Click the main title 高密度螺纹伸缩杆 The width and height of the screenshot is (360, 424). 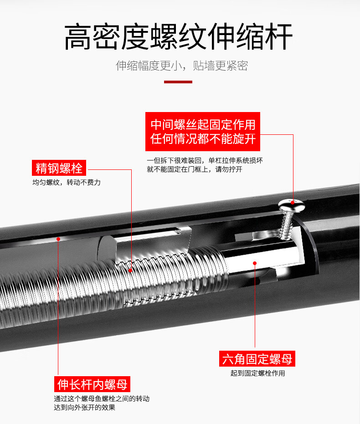pyautogui.click(x=179, y=36)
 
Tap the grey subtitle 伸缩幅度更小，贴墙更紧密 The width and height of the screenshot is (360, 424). pyautogui.click(x=182, y=66)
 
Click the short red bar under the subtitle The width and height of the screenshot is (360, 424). pyautogui.click(x=178, y=82)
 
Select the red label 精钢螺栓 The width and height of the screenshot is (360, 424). pyautogui.click(x=59, y=168)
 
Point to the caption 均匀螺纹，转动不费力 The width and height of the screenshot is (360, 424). pyautogui.click(x=67, y=183)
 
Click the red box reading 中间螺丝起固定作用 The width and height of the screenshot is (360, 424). pyautogui.click(x=203, y=132)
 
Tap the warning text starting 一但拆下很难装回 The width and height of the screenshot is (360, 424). pyautogui.click(x=205, y=165)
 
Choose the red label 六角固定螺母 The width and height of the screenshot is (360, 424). pyautogui.click(x=257, y=359)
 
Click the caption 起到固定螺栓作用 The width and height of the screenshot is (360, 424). pyautogui.click(x=257, y=373)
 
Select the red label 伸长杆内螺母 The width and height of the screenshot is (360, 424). pyautogui.click(x=92, y=384)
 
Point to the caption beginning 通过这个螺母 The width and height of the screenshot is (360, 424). pyautogui.click(x=102, y=403)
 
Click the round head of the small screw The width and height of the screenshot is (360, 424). pyautogui.click(x=292, y=205)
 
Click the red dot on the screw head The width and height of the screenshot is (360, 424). pyautogui.click(x=293, y=202)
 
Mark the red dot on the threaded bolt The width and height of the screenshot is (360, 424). pyautogui.click(x=131, y=271)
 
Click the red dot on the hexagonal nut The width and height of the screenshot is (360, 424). pyautogui.click(x=255, y=263)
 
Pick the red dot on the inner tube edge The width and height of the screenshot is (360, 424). pyautogui.click(x=58, y=239)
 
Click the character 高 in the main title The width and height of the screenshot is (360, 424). pyautogui.click(x=78, y=36)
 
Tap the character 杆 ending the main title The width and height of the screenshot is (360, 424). pyautogui.click(x=279, y=36)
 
